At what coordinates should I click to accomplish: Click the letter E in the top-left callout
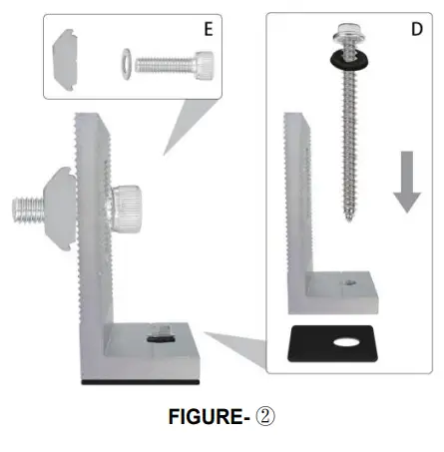click(209, 29)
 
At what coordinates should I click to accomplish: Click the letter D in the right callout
click(416, 30)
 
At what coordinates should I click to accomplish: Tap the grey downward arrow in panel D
click(405, 180)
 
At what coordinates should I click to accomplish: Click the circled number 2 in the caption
click(264, 417)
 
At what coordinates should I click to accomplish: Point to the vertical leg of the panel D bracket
click(296, 200)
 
